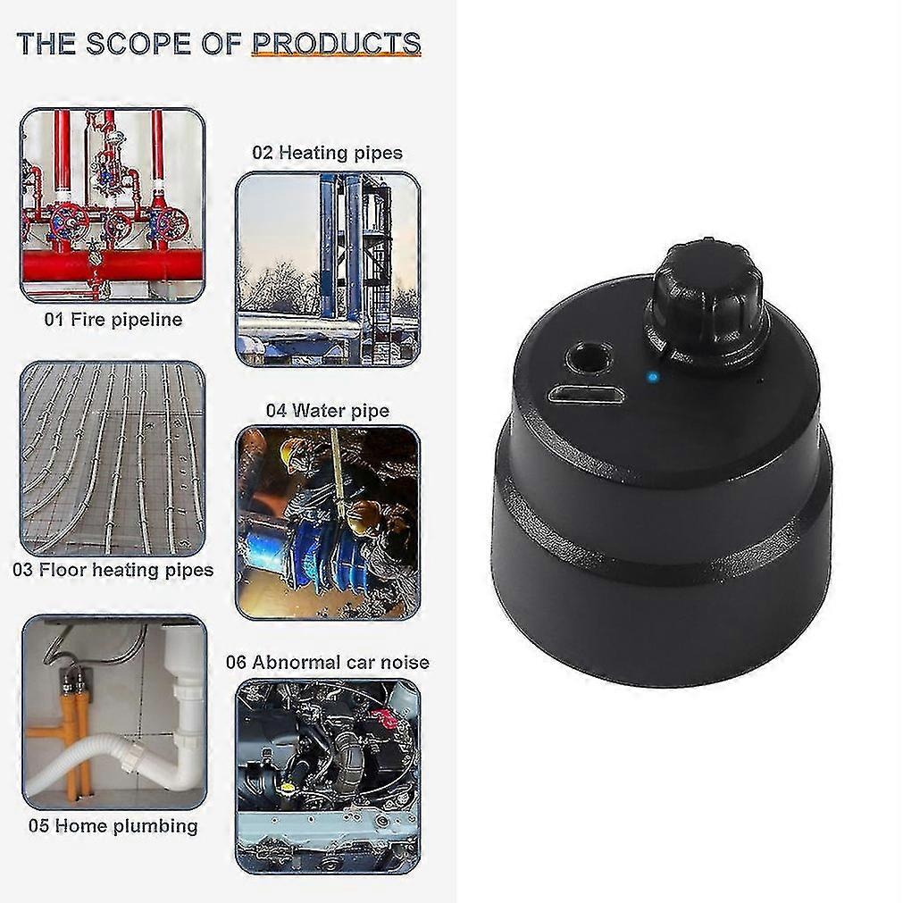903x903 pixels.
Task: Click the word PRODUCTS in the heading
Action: coord(337,44)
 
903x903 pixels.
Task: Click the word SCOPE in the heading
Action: coord(138,44)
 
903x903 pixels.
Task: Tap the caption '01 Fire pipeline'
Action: coord(113,320)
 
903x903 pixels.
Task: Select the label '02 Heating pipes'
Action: coord(327,153)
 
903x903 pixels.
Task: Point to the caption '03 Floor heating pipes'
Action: coord(113,570)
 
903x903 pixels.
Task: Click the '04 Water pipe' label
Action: coord(327,411)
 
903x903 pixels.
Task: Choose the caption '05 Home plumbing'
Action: coord(113,826)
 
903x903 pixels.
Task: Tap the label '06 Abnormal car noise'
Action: coord(327,662)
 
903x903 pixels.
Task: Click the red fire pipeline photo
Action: coord(113,205)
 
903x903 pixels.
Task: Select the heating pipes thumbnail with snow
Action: coord(328,269)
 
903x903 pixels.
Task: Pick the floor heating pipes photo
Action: coord(113,458)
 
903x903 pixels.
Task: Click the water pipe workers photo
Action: coord(328,523)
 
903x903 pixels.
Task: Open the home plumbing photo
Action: coord(114,713)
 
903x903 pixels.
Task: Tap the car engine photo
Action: coord(328,776)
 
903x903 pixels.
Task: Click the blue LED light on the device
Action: coord(653,378)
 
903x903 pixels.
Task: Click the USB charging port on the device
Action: coord(586,397)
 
